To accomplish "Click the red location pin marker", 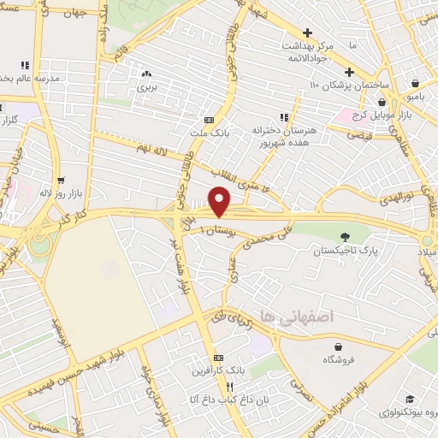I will tap(220, 202).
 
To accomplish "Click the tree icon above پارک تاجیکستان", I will tap(346, 237).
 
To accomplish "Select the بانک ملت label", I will tap(210, 134).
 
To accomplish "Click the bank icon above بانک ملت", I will tap(210, 121).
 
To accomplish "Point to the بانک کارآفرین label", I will tap(220, 371).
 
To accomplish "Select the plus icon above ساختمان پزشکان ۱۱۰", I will tap(349, 71).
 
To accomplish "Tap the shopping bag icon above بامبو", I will tap(415, 84).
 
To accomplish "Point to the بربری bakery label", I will tap(149, 87).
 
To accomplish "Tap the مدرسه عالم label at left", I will tap(29, 79).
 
